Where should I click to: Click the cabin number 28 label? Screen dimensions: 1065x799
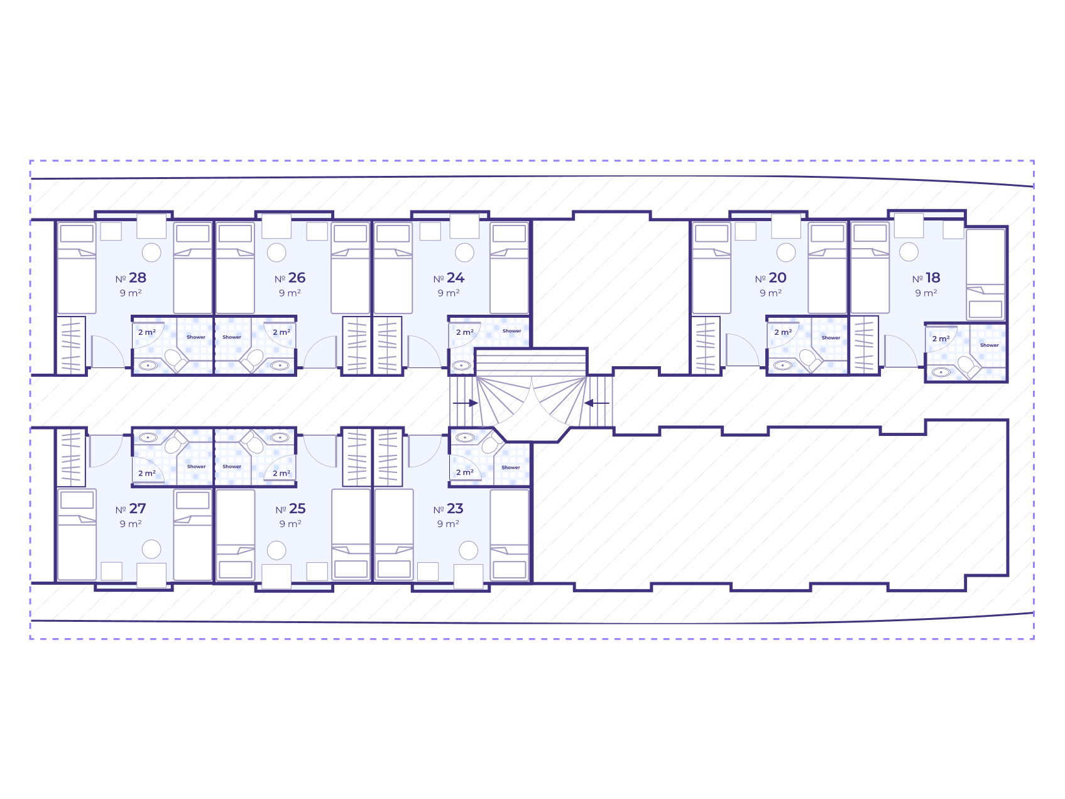131,278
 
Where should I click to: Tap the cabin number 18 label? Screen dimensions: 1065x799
926,278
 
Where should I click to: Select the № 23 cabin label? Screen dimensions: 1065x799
449,509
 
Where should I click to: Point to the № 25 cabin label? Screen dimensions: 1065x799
290,509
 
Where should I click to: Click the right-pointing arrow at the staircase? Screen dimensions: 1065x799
466,403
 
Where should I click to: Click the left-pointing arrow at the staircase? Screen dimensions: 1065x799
597,403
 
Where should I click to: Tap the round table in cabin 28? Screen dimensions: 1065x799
151,253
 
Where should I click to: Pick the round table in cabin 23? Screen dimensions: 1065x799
469,551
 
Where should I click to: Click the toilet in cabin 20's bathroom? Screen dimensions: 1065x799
808,360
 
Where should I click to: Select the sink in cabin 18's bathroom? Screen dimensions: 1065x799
941,372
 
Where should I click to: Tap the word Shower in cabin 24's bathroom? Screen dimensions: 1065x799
511,331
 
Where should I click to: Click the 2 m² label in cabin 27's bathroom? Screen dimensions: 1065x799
147,473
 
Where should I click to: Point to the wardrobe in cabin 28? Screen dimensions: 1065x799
71,345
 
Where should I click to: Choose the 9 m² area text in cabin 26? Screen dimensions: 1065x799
290,293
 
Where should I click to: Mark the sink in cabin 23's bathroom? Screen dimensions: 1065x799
465,437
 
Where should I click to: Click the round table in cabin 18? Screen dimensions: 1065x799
909,252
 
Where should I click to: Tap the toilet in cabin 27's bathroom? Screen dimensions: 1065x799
175,442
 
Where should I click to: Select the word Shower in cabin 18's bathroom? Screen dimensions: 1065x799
990,345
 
